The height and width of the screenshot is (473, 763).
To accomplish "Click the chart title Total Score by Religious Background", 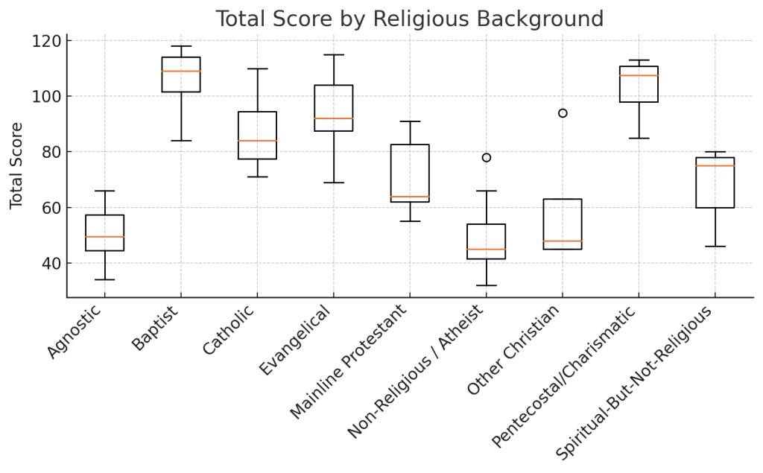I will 409,19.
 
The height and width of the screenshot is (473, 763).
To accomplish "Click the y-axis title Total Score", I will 16,165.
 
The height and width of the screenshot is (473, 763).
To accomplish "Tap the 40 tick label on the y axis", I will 48,264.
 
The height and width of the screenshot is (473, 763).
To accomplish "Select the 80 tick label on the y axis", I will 48,152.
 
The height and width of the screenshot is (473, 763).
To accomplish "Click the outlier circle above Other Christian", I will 563,113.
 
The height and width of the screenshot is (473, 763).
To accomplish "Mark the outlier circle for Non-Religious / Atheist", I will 487,158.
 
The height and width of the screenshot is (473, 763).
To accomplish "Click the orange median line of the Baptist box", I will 181,72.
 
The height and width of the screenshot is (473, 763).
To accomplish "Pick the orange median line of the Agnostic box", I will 105,237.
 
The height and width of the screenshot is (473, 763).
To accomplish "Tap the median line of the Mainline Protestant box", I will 410,197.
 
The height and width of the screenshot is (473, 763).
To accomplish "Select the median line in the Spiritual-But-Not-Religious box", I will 715,165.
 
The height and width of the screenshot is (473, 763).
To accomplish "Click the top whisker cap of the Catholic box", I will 257,69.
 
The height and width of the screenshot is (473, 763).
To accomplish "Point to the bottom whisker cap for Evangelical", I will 334,182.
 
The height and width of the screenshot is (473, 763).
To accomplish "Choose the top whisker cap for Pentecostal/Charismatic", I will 639,60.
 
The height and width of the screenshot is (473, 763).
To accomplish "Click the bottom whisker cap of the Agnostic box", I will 105,280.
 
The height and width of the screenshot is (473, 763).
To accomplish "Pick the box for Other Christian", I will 563,223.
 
